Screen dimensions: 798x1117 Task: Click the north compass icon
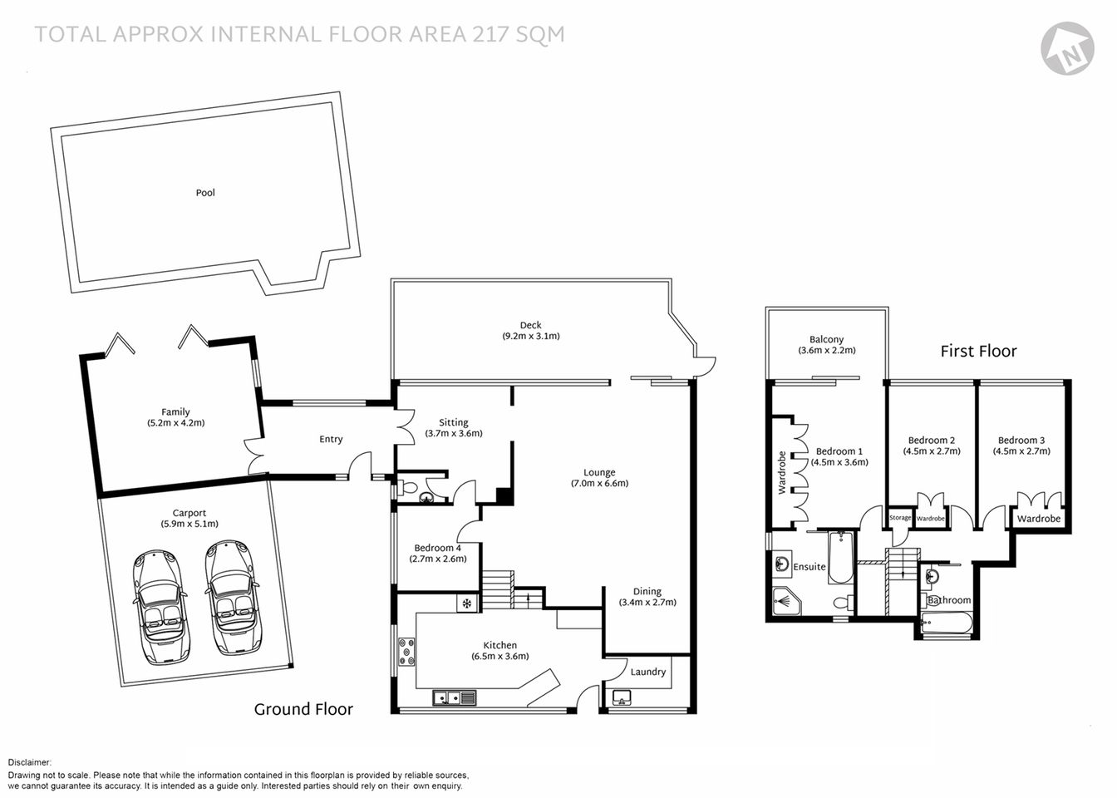[1067, 47]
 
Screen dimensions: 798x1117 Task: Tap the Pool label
[205, 193]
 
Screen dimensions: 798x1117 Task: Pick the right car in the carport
[234, 597]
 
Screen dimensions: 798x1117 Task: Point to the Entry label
[331, 440]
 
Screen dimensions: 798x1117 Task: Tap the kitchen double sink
[454, 698]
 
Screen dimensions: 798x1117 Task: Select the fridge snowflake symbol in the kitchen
[467, 603]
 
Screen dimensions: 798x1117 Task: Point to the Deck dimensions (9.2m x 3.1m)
[530, 337]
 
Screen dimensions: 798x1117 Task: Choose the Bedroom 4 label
[437, 548]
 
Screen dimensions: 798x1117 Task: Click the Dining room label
[647, 592]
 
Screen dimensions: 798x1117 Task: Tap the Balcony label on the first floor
[826, 340]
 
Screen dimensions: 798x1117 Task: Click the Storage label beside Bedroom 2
[900, 518]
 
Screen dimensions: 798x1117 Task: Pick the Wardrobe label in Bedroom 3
[1039, 519]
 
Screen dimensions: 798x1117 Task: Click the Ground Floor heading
[303, 709]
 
